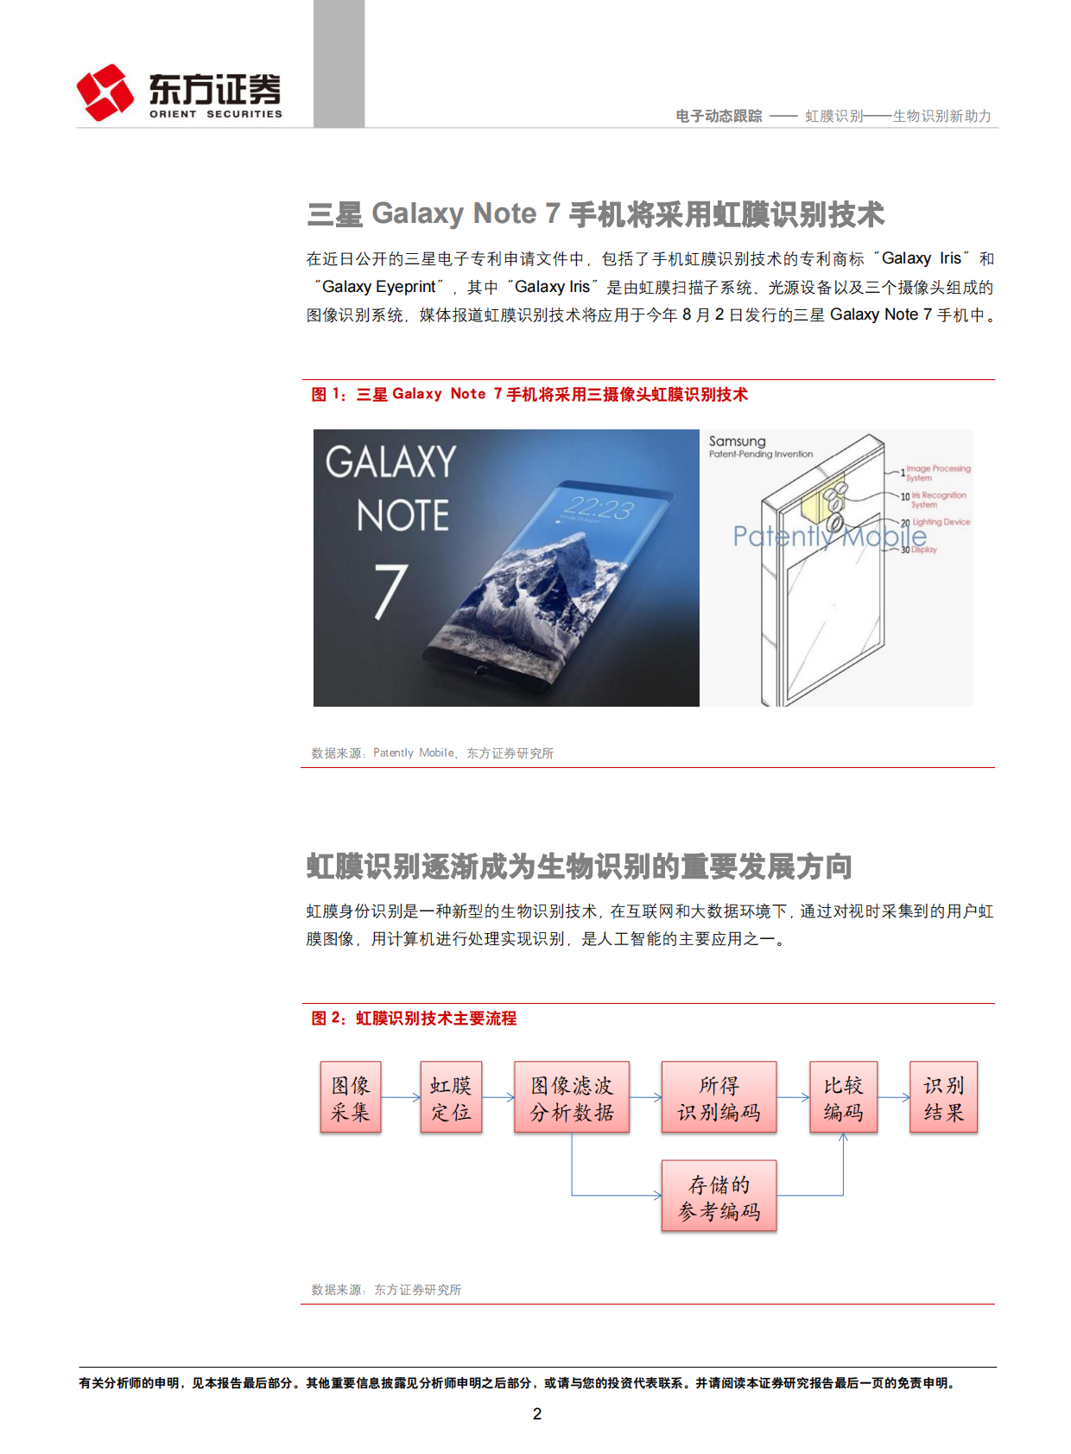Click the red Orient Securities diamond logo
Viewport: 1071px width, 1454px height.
(105, 92)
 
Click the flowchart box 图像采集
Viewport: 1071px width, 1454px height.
(351, 1097)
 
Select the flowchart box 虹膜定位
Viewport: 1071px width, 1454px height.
(451, 1097)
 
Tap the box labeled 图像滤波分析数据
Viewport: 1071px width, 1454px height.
(572, 1097)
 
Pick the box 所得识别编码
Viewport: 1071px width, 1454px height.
(719, 1097)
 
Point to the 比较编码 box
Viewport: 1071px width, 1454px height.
(843, 1097)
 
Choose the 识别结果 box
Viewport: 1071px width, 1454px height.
(944, 1097)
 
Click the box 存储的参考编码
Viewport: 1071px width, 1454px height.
(719, 1196)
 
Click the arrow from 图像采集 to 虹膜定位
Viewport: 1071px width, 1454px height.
(401, 1098)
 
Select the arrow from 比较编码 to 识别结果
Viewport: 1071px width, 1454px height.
(894, 1098)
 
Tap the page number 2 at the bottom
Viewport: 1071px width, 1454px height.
(537, 1413)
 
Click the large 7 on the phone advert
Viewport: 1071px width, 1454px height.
(391, 591)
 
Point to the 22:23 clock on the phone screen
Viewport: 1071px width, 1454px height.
(598, 508)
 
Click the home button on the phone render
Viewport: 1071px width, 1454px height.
(482, 669)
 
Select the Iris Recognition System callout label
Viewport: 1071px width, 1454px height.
(938, 500)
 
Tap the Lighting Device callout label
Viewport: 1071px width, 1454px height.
(941, 522)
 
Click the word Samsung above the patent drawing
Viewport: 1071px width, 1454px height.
(737, 441)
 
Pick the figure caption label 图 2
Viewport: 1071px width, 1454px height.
(328, 1018)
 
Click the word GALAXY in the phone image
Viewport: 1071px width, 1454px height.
(390, 462)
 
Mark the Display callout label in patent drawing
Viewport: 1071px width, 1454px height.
(923, 549)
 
